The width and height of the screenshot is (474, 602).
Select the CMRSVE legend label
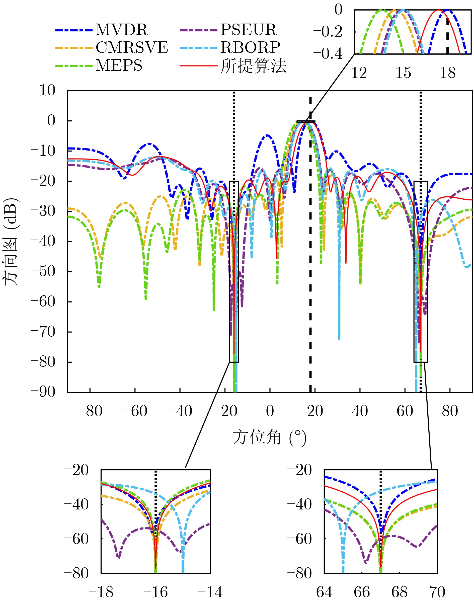[x=132, y=48]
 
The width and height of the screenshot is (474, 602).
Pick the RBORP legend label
[x=250, y=48]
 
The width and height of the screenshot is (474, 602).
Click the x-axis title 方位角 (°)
[x=269, y=438]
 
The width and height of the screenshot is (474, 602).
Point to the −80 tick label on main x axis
[x=90, y=411]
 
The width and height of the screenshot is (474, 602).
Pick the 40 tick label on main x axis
[x=360, y=411]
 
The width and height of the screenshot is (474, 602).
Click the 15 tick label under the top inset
[x=403, y=73]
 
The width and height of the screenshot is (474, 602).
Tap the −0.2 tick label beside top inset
[x=328, y=32]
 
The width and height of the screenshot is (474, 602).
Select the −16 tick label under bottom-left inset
[x=155, y=592]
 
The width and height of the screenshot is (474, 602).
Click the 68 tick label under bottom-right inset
[x=399, y=592]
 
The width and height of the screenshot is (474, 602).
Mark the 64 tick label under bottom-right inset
[x=324, y=592]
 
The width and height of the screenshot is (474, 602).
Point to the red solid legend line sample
[x=198, y=66]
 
